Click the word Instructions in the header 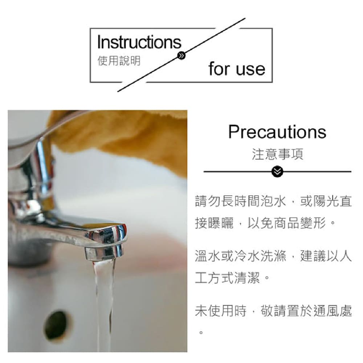[139, 42]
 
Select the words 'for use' [237, 69]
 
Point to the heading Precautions [277, 132]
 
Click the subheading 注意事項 [277, 154]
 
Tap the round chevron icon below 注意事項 [277, 171]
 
